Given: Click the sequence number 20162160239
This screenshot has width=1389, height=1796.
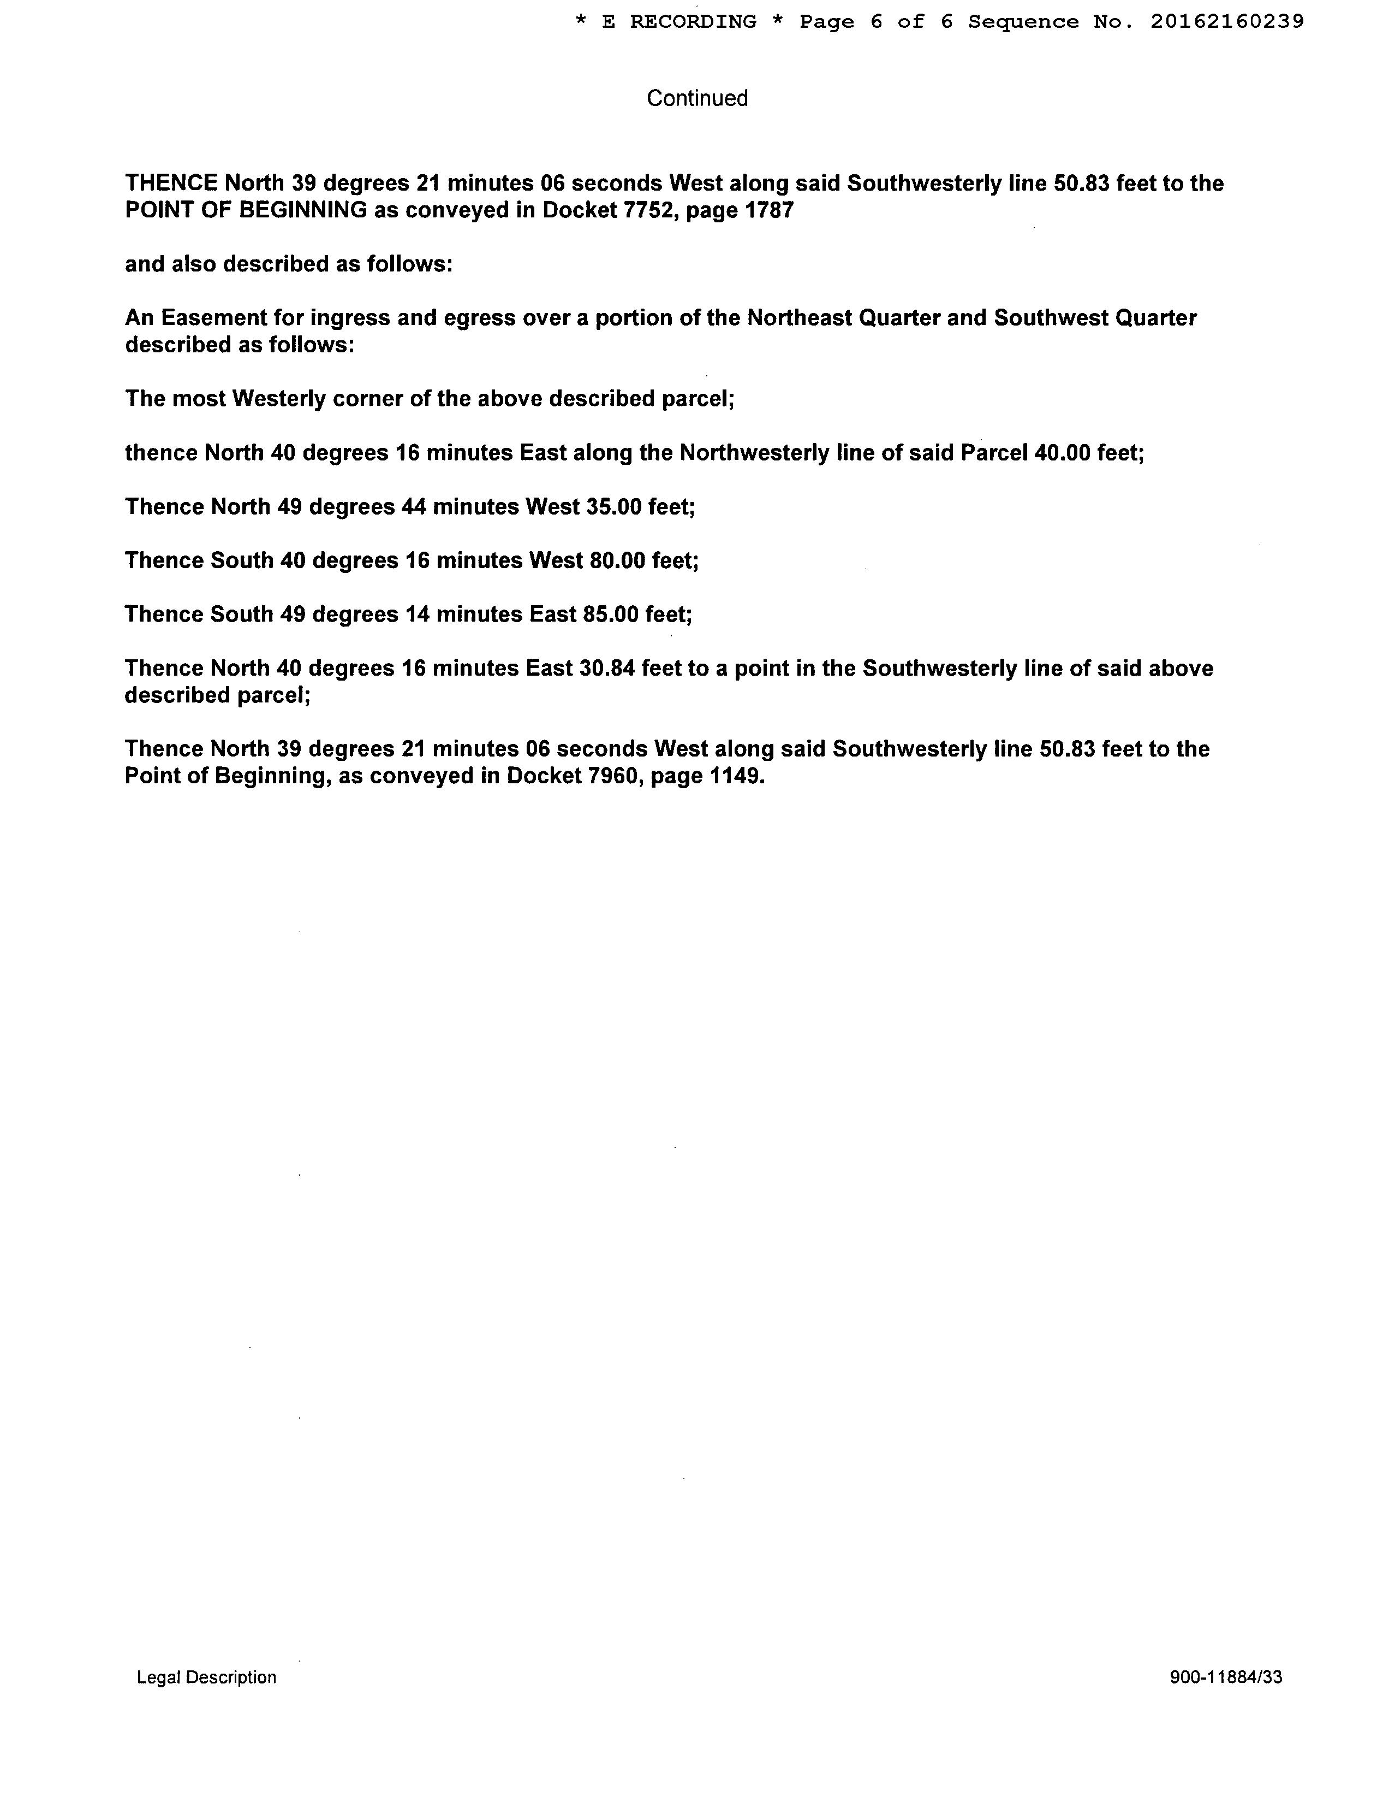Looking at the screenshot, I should coord(1226,22).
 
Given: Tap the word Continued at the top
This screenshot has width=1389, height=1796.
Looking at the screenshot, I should coord(697,99).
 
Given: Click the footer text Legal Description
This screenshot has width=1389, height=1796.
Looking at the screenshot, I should coord(206,1677).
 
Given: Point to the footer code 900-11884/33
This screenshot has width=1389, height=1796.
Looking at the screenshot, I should coord(1225,1677).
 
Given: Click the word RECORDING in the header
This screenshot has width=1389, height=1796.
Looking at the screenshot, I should coord(693,22).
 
